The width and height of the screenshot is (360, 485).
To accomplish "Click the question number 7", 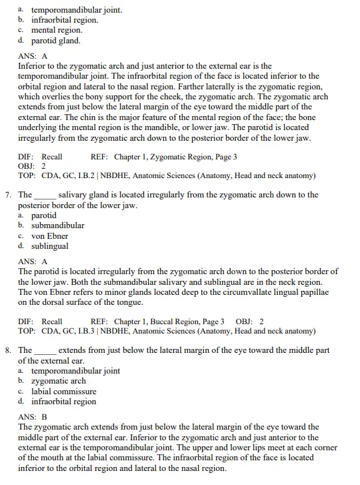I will [x=7, y=195].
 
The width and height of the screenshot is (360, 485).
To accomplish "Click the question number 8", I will [x=7, y=350].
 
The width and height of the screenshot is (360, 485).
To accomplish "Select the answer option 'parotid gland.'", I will [x=56, y=41].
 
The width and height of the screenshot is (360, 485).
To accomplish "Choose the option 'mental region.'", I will [x=57, y=30].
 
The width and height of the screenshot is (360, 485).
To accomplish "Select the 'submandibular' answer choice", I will [x=58, y=225].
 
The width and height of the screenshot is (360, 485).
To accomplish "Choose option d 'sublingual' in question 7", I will [x=49, y=246].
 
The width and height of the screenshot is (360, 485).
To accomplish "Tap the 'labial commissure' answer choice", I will [x=64, y=392].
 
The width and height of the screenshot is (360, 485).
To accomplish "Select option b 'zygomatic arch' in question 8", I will [x=59, y=381].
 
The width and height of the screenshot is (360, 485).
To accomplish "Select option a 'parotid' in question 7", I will [x=44, y=215].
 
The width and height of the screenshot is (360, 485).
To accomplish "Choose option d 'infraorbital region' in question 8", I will [x=64, y=402].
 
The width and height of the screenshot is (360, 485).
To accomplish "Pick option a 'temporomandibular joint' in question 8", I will [x=75, y=371].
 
